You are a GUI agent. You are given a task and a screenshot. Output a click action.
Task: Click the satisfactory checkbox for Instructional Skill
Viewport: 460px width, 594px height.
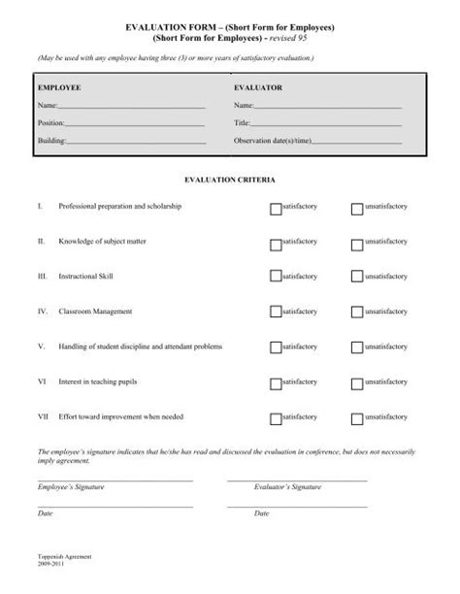pos(276,277)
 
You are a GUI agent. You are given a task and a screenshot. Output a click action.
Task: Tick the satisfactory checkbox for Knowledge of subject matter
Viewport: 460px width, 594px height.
pos(276,242)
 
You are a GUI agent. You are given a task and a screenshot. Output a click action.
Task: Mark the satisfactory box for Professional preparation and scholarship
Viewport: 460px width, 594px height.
pos(276,208)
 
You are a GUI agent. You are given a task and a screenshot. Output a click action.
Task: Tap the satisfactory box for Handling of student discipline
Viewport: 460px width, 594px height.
pos(276,346)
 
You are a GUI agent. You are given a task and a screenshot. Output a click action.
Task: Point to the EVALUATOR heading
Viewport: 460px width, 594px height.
pos(257,86)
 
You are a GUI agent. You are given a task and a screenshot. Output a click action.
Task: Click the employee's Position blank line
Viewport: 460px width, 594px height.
pos(135,125)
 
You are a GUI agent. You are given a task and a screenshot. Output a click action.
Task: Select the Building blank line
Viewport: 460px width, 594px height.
pos(136,143)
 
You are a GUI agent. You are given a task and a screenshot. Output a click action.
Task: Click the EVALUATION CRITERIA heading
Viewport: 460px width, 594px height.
pos(230,181)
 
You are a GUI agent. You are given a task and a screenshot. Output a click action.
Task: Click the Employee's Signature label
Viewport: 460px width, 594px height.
pos(70,486)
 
